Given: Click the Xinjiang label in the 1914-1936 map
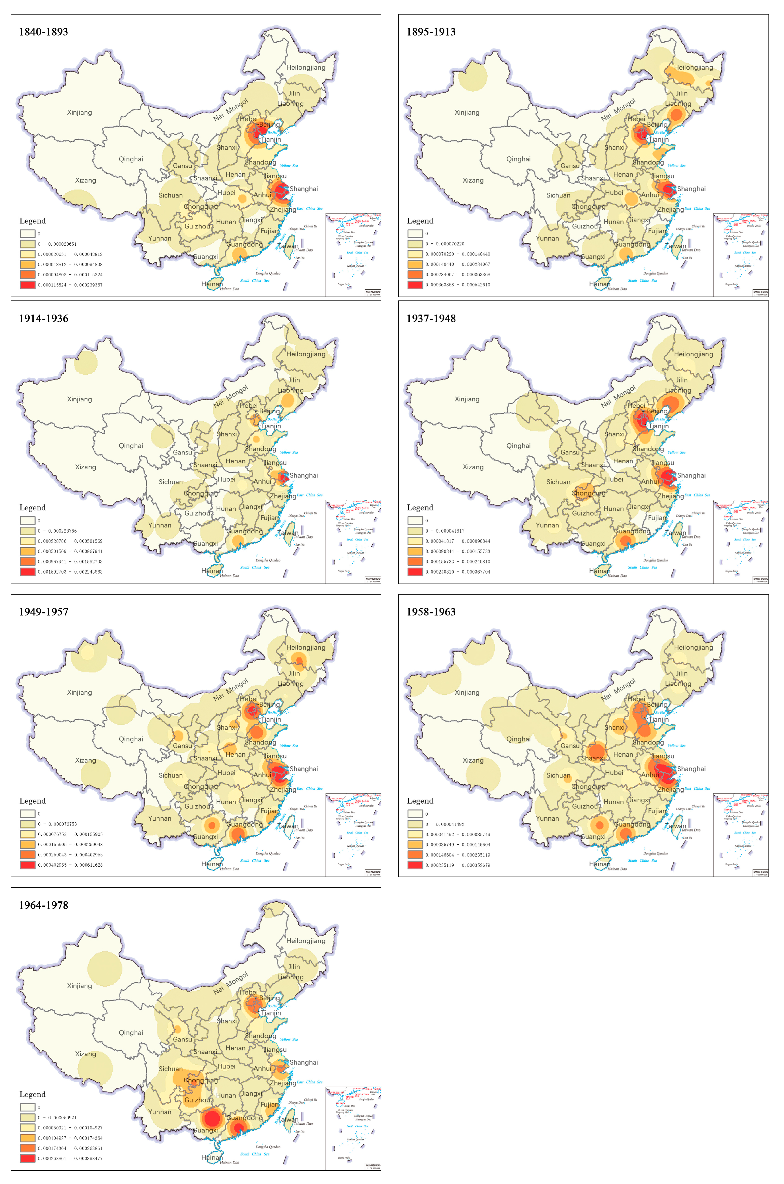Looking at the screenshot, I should [79, 399].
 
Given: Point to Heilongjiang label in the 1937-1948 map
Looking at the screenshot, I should [693, 354].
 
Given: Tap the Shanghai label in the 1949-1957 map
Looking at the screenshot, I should [303, 769].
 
